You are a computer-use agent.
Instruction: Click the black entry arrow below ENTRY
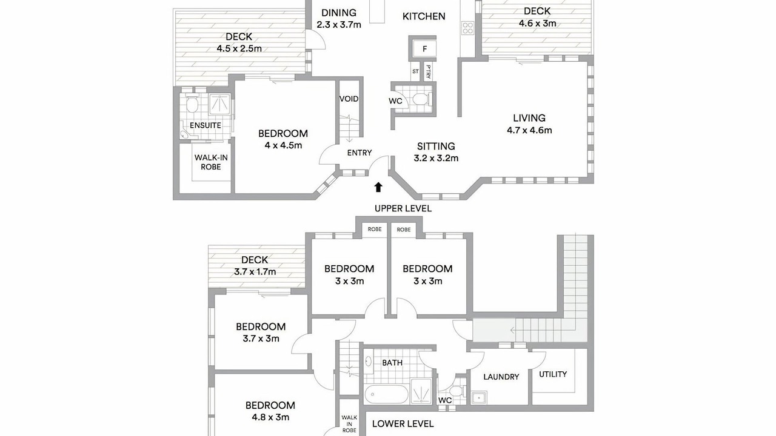[x=378, y=187]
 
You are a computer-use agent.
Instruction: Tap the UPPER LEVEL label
[x=403, y=208]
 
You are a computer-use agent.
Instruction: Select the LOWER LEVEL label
[x=403, y=423]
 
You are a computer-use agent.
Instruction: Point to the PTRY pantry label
[x=429, y=71]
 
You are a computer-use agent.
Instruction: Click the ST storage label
[x=415, y=71]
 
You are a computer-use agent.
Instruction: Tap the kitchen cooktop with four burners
[x=467, y=28]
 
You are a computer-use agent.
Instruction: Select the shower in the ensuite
[x=220, y=104]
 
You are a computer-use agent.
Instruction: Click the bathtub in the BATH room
[x=386, y=394]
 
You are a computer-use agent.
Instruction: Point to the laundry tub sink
[x=479, y=398]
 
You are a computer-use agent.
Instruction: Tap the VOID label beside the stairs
[x=349, y=99]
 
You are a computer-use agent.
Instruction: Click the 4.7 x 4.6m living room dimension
[x=529, y=130]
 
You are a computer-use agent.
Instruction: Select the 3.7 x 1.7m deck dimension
[x=255, y=272]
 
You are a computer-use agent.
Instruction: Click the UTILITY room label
[x=553, y=374]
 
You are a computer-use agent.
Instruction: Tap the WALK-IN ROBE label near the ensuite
[x=211, y=162]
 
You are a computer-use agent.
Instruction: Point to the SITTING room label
[x=436, y=146]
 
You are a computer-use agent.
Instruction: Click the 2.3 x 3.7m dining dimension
[x=339, y=25]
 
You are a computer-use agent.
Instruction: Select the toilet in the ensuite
[x=191, y=102]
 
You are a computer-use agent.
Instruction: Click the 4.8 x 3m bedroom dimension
[x=270, y=417]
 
